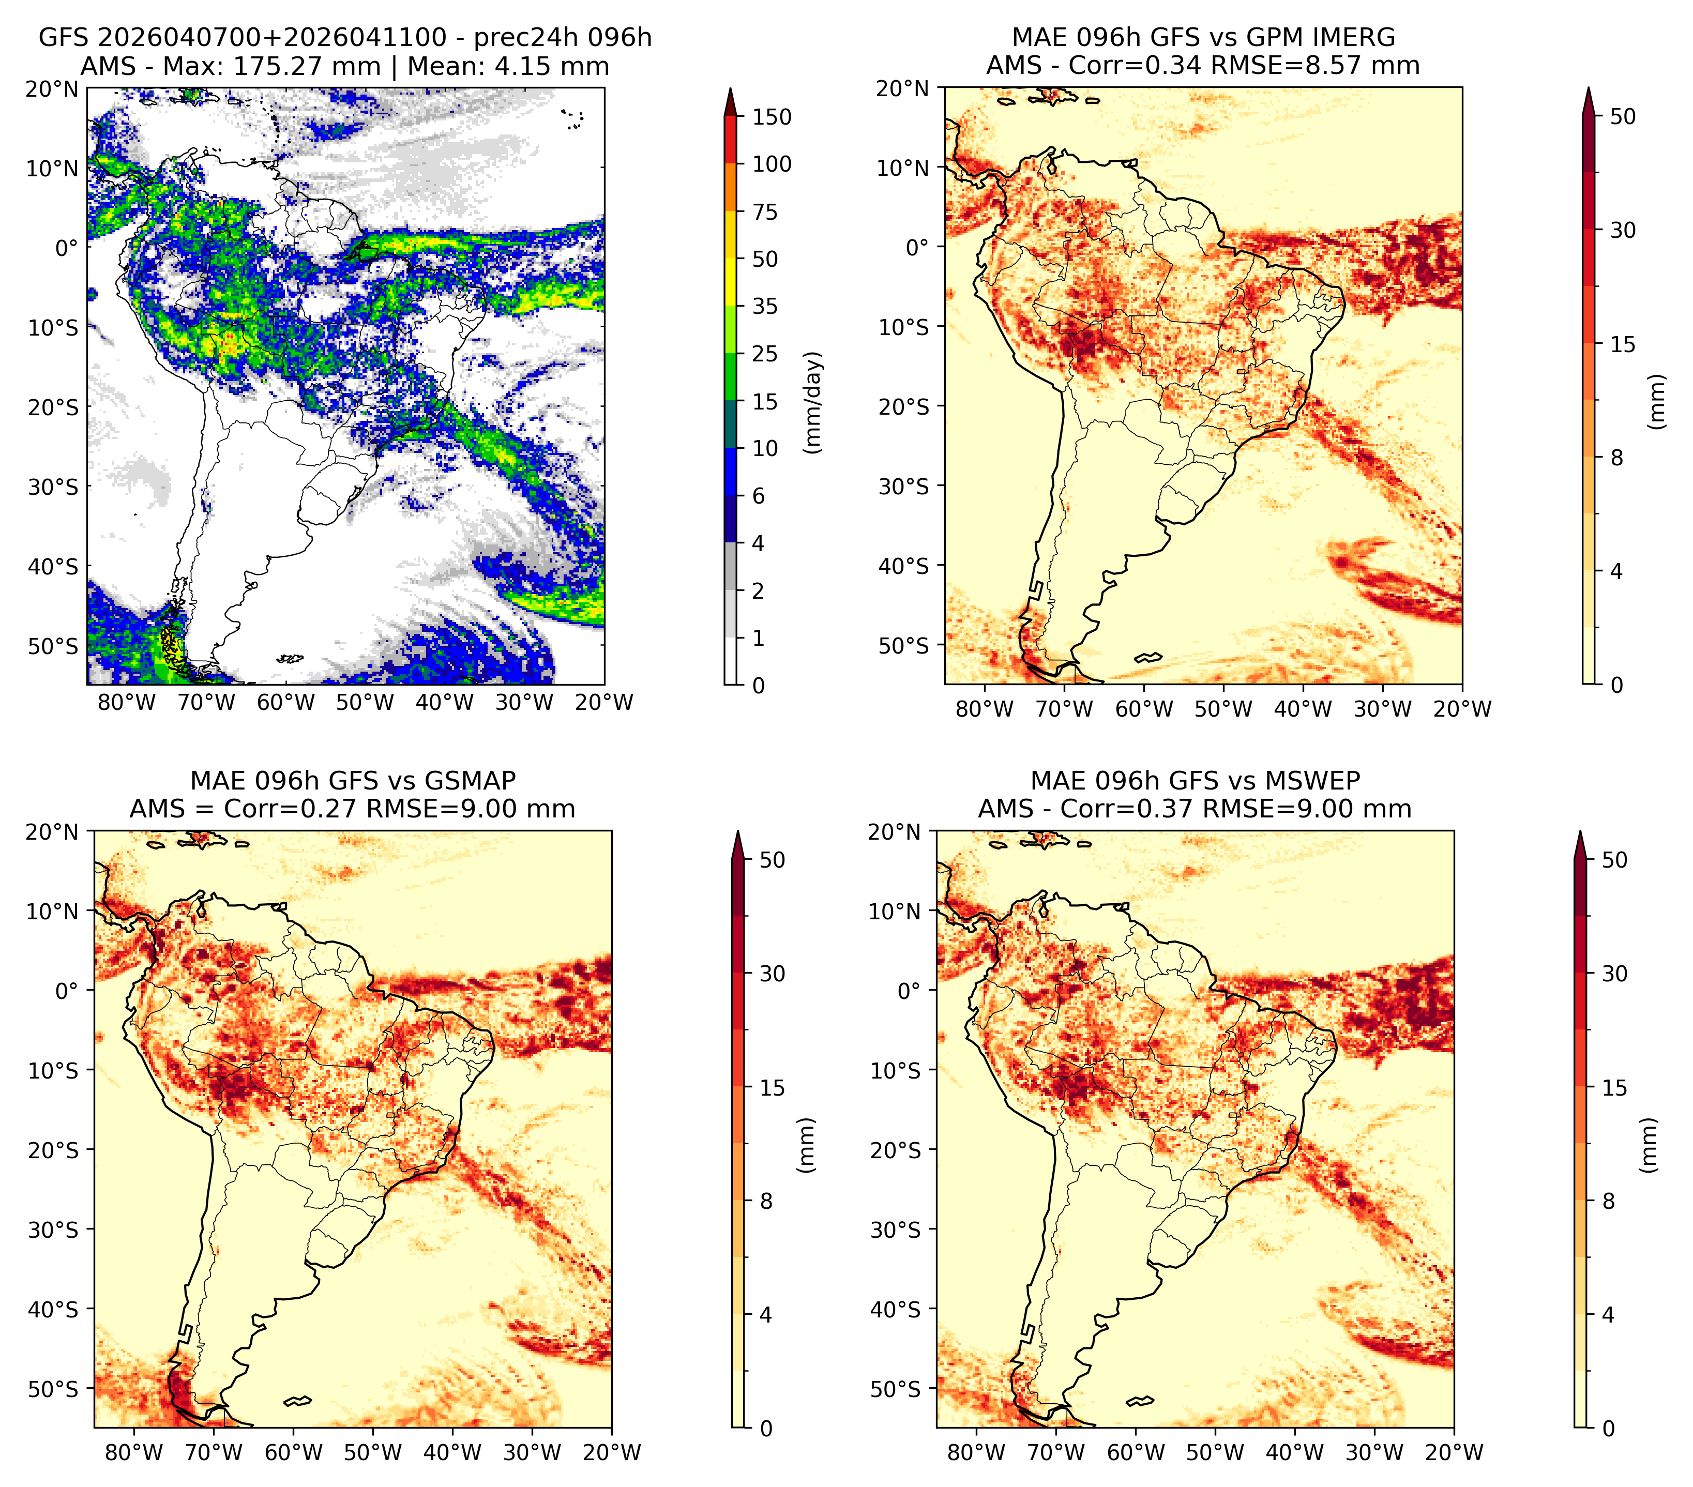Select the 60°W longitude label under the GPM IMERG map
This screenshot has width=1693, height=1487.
coord(1145,709)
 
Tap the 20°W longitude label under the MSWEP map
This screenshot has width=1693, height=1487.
coord(1455,1452)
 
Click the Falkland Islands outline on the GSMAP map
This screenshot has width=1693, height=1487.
coord(297,1401)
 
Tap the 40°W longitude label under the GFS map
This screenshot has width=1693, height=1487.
coord(445,702)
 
